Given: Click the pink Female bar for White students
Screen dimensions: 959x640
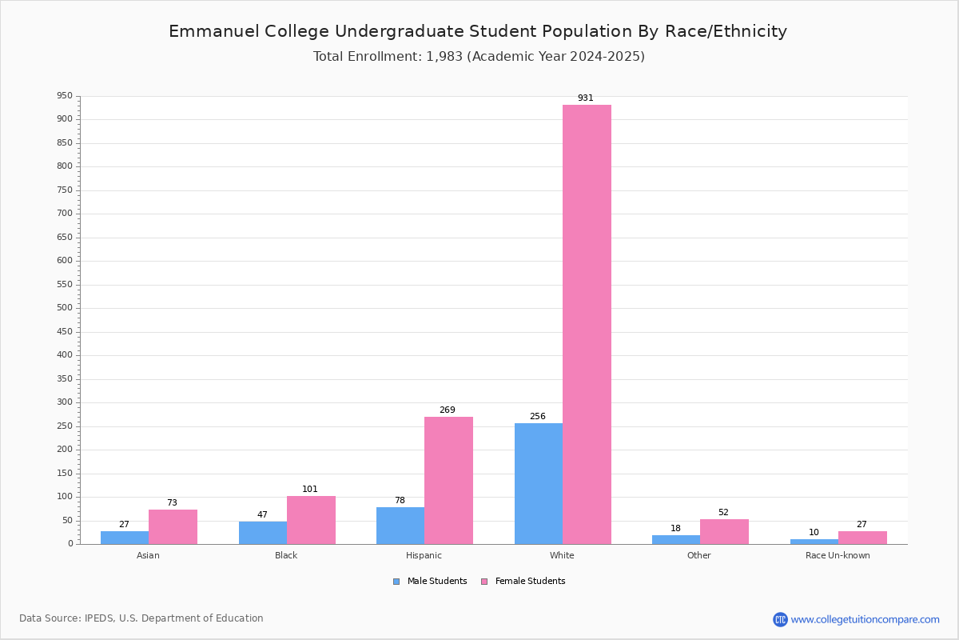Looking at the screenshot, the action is click(587, 325).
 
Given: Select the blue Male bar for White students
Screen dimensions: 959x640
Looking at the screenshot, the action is click(539, 483).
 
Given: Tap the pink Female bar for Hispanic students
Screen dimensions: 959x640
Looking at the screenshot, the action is click(448, 481).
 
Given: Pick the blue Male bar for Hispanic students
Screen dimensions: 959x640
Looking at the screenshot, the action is click(400, 526).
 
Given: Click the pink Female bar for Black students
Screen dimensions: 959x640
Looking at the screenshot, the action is click(311, 520).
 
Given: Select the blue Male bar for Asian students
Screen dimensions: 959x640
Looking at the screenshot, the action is click(125, 538).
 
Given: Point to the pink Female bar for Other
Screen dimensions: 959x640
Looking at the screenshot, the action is click(724, 531).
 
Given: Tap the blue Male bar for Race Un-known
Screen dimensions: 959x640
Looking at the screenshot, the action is click(814, 542).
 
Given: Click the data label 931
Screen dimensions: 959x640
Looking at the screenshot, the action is click(585, 98).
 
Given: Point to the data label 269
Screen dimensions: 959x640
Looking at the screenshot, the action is click(447, 410).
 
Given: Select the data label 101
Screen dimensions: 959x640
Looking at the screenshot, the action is click(309, 489).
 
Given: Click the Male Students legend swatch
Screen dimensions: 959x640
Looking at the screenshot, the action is click(396, 582).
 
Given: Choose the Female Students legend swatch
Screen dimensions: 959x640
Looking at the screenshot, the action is click(484, 582).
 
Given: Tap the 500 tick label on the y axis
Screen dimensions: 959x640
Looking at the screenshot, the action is click(65, 307).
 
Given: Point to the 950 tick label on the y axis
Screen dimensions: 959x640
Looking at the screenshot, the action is click(65, 95).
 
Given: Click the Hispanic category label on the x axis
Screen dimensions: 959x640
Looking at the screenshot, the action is click(424, 555).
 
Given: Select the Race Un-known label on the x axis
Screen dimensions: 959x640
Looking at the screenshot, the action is click(838, 555).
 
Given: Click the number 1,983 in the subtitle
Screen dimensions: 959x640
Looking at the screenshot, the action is click(444, 56).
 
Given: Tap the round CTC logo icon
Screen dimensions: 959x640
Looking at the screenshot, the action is click(780, 619).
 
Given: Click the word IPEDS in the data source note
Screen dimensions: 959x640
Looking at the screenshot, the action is click(99, 618).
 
